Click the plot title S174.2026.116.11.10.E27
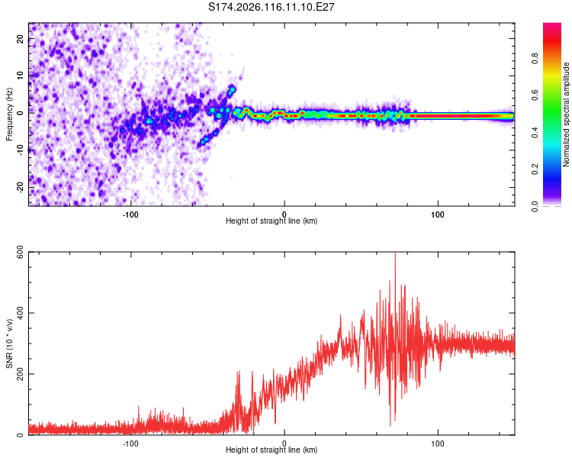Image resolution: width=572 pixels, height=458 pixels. click(271, 7)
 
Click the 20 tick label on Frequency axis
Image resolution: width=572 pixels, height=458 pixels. click(20, 38)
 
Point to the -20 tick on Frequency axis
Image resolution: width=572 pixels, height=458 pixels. click(20, 188)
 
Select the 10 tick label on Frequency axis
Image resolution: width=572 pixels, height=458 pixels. click(20, 76)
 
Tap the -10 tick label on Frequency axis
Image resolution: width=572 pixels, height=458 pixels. click(20, 150)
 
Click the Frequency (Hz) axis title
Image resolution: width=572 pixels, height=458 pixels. click(9, 114)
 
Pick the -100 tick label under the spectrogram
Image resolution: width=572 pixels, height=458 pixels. click(130, 214)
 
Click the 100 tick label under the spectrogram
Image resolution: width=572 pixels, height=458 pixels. click(438, 214)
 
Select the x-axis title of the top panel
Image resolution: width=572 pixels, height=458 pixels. click(272, 221)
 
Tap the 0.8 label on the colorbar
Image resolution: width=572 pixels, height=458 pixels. click(535, 59)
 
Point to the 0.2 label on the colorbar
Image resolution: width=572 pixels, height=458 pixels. click(535, 169)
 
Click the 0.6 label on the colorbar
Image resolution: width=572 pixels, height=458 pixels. click(535, 95)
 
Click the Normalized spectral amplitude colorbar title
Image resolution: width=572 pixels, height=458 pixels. click(566, 114)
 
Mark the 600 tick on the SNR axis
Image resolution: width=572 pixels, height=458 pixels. click(20, 252)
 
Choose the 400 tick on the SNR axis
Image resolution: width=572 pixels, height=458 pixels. click(20, 313)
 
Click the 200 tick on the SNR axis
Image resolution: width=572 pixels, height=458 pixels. click(20, 374)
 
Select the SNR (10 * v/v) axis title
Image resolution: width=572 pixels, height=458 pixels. click(9, 343)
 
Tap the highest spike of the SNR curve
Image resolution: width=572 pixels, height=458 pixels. click(395, 253)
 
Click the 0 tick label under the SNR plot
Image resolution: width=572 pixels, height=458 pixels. click(284, 443)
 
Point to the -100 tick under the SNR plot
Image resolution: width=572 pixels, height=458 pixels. click(130, 443)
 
